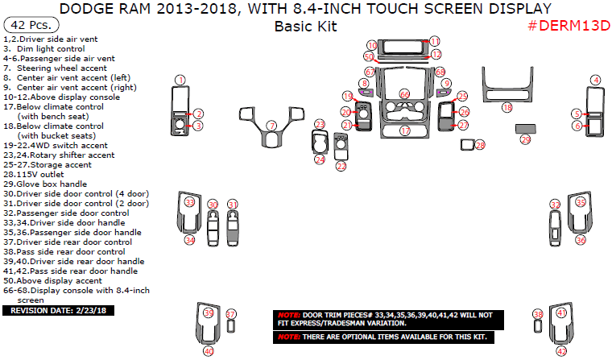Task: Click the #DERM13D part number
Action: [569, 26]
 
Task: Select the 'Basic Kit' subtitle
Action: [305, 26]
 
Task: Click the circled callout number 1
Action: [180, 80]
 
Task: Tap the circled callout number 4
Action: [595, 80]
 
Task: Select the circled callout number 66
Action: [405, 94]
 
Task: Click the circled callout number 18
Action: [507, 107]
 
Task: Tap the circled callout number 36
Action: [581, 240]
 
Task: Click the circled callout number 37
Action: [231, 313]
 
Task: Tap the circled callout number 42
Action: [561, 351]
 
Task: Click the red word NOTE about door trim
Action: [287, 314]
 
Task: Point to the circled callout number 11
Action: [435, 41]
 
